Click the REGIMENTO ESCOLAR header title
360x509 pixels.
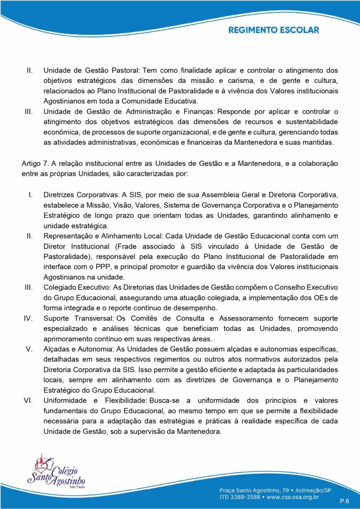pos(273,30)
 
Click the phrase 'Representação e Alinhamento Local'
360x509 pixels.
pos(102,235)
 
